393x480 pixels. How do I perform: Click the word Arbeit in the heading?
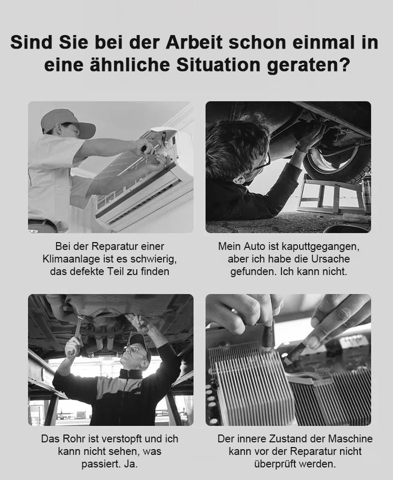[x=194, y=42]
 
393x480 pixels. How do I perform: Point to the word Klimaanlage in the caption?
[x=71, y=259]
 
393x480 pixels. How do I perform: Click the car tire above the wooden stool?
[x=337, y=162]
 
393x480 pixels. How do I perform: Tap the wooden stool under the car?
[x=331, y=196]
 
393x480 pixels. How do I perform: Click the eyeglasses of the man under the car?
[x=261, y=163]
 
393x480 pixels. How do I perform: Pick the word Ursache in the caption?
[x=331, y=259]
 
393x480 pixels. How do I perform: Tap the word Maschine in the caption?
[x=351, y=439]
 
